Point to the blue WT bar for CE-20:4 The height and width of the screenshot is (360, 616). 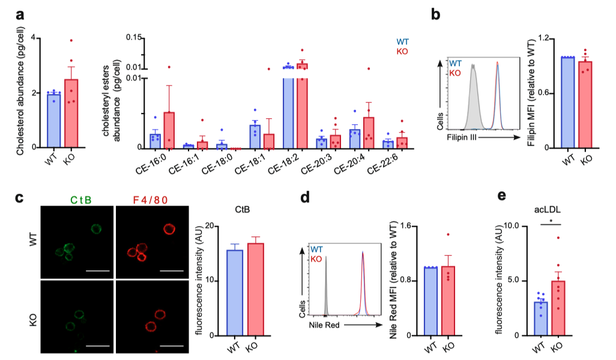[355, 139]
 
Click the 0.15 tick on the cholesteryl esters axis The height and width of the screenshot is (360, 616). [137, 37]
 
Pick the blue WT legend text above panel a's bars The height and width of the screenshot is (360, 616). [403, 43]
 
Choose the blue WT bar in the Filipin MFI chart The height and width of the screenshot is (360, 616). [567, 103]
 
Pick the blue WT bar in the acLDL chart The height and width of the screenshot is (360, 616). [540, 319]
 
